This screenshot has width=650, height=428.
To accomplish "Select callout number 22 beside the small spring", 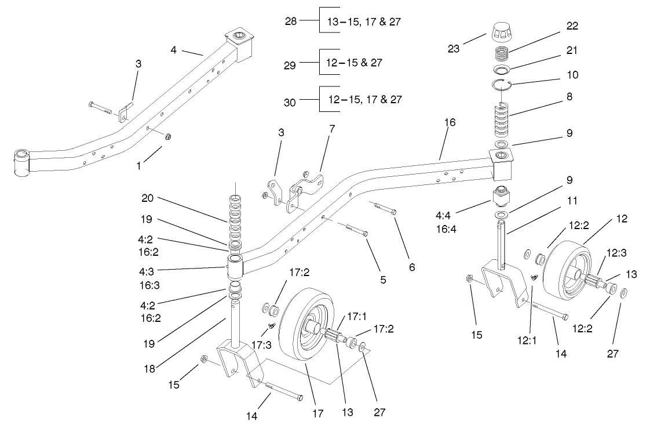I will point(572,26).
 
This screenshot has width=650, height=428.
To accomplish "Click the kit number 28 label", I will point(291,21).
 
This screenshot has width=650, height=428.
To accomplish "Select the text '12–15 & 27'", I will point(354,62).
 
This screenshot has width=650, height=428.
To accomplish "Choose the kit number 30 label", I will point(291,103).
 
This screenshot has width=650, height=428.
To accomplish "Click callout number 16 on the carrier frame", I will point(450,122).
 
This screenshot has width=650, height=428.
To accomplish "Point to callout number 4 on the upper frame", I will point(174,50).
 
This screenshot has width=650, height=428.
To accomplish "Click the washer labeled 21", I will point(501,70).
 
